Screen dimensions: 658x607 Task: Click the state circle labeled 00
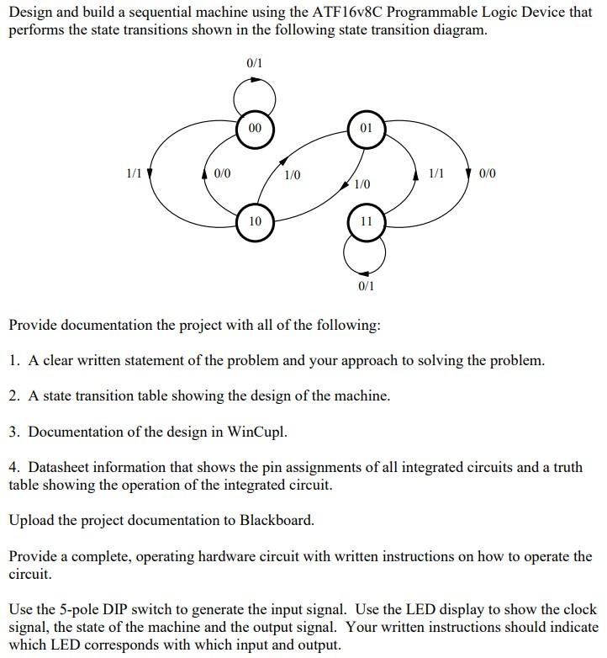point(255,129)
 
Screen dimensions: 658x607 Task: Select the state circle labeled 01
point(365,129)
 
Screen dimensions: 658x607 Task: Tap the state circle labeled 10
point(255,221)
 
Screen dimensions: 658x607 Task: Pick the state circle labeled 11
point(365,221)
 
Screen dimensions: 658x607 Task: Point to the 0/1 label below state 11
point(366,286)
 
